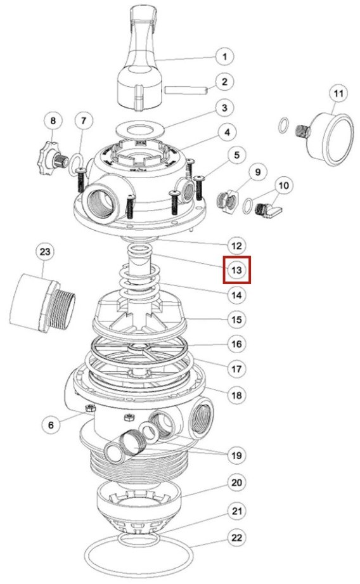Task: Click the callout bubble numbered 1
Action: click(224, 56)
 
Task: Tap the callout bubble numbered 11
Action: click(338, 93)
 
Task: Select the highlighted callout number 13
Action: click(237, 270)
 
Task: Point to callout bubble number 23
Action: click(44, 252)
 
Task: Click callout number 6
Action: click(51, 425)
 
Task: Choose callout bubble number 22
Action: click(237, 538)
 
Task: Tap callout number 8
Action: click(53, 120)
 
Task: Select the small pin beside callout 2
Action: click(186, 90)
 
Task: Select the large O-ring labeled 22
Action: click(139, 557)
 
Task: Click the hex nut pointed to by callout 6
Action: click(89, 409)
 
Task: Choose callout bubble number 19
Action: click(237, 455)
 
